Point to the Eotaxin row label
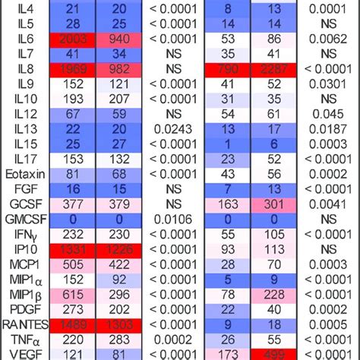[21, 174]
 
